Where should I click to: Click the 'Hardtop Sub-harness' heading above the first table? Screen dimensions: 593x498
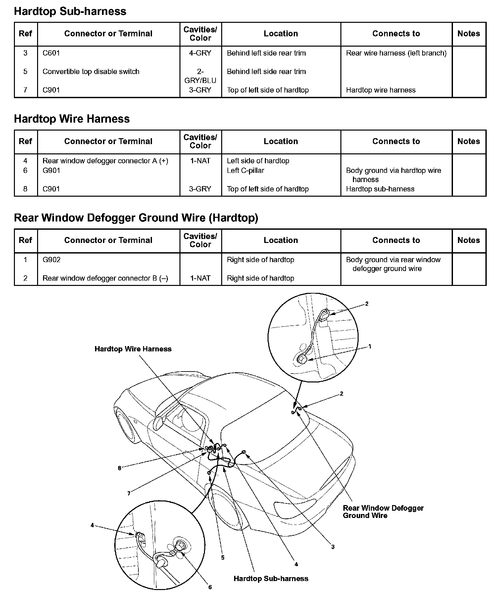pos(70,11)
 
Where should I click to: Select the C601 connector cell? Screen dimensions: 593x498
pos(51,53)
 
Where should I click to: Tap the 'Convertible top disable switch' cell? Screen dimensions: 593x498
pos(91,71)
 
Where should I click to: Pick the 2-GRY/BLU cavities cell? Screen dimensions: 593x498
pos(200,76)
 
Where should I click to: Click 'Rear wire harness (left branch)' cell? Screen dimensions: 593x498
pos(396,53)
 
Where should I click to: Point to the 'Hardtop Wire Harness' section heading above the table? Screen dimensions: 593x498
pos(72,119)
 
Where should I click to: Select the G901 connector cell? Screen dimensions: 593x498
pos(51,171)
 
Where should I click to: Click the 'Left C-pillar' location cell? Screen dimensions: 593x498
pos(245,171)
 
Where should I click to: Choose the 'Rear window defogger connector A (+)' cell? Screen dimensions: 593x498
pos(105,161)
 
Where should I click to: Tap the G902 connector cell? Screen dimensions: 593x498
pos(52,260)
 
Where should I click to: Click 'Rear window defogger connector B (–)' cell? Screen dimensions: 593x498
pos(105,278)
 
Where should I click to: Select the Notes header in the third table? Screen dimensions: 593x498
pos(469,240)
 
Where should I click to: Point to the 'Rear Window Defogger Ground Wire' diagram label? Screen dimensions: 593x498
pos(383,512)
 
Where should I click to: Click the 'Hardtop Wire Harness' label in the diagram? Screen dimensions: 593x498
pos(133,349)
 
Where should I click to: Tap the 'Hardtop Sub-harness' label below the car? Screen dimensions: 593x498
pos(271,578)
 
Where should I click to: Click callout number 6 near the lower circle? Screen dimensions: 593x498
pos(210,587)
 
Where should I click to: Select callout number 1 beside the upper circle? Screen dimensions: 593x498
pos(370,346)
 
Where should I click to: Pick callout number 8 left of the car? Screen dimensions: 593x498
pos(120,468)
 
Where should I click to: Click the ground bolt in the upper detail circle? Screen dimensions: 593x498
pos(302,360)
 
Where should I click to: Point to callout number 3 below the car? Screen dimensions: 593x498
pos(333,547)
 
